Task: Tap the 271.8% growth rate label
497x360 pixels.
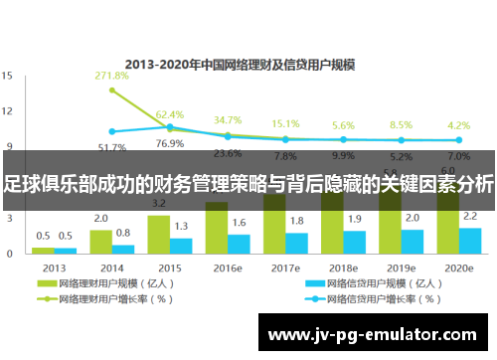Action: [111, 76]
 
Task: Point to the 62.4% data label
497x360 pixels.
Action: [170, 115]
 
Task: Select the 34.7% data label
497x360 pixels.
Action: [228, 120]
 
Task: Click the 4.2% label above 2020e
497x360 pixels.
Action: [458, 125]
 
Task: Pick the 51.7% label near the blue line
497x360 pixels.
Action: [111, 147]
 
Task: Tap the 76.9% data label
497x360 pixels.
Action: [170, 143]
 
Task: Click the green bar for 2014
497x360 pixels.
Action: [100, 238]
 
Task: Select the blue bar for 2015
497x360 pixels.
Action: [181, 242]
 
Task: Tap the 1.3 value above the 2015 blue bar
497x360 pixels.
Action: [181, 227]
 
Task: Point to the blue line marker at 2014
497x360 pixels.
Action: [111, 131]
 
